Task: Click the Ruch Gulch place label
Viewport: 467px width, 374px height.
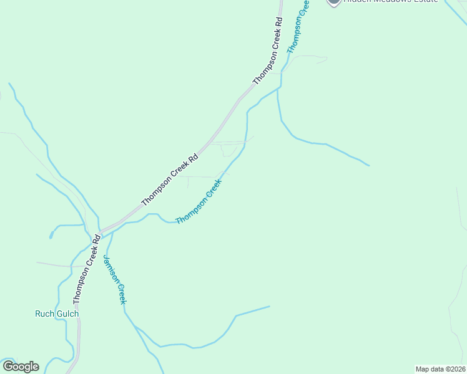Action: coord(57,314)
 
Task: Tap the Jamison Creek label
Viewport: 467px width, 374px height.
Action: coord(115,280)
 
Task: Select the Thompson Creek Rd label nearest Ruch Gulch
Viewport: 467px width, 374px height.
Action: coord(86,269)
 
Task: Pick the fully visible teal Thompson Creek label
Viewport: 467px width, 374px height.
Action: coord(199,202)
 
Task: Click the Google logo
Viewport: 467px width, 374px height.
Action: coord(21,367)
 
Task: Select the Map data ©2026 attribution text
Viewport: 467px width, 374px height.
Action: coord(441,369)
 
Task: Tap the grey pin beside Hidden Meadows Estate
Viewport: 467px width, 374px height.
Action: coord(334,2)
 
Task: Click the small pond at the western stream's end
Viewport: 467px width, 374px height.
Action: coord(51,236)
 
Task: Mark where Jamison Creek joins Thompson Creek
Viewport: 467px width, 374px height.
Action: coord(112,232)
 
